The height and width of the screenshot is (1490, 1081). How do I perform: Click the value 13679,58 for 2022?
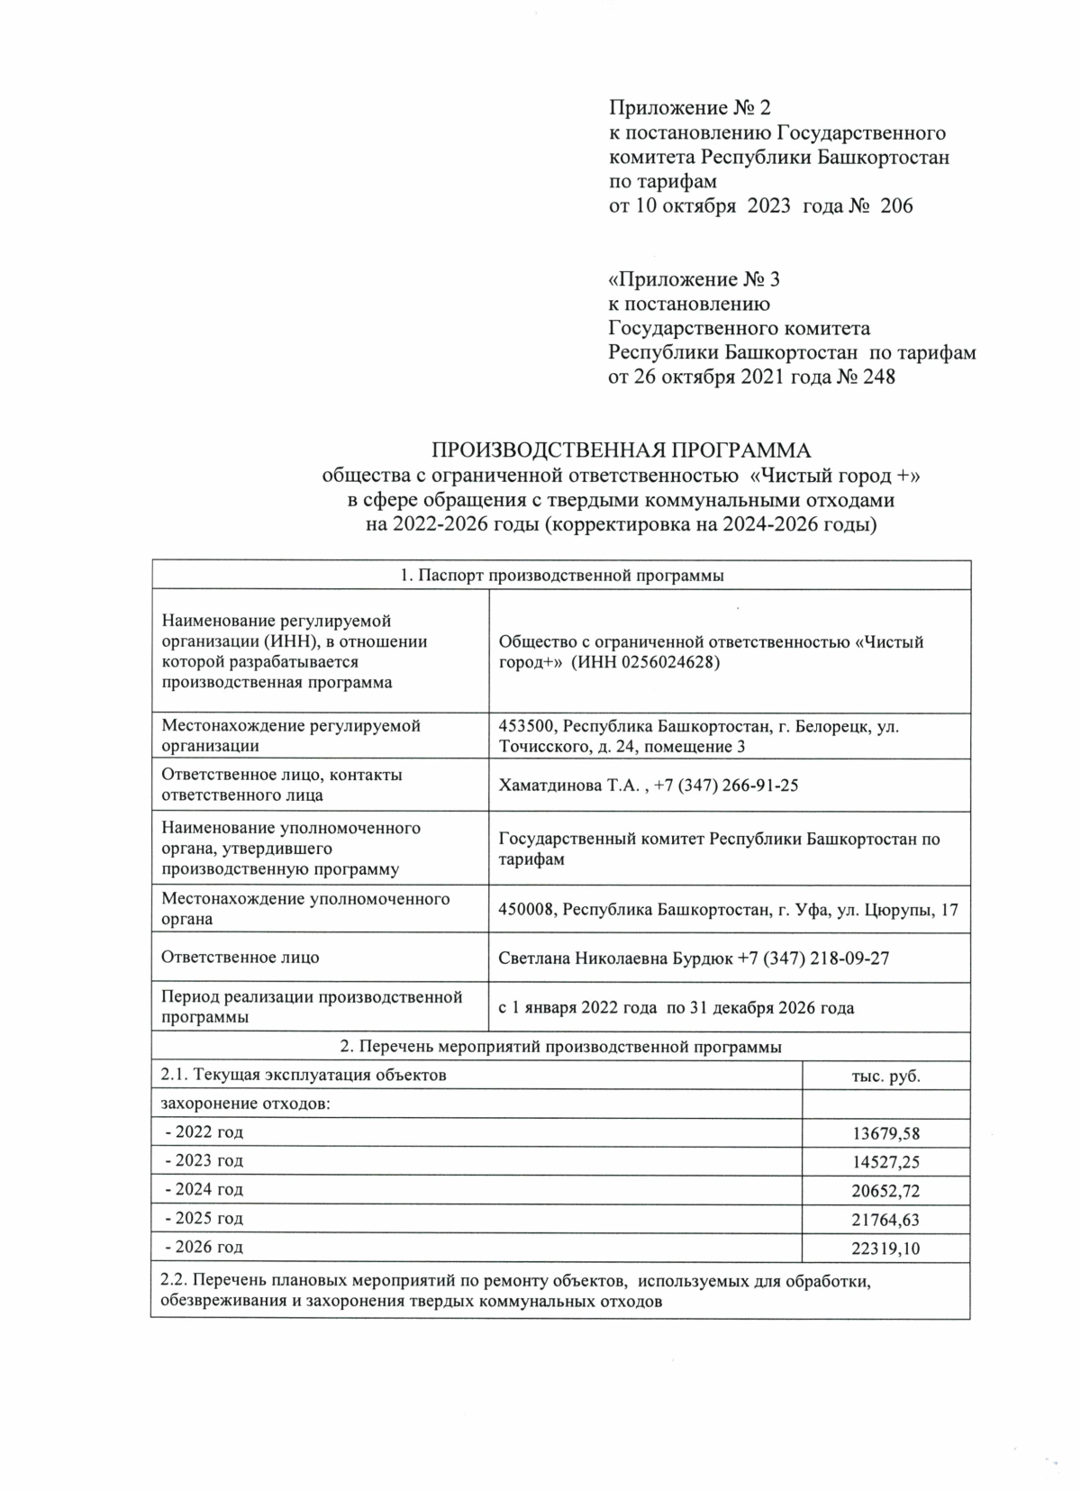pos(886,1133)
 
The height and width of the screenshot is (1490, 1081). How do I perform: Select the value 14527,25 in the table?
pos(886,1162)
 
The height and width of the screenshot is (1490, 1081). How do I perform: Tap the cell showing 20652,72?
pos(886,1191)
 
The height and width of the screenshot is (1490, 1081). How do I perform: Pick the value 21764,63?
pos(886,1220)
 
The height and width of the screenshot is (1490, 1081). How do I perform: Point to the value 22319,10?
pos(886,1249)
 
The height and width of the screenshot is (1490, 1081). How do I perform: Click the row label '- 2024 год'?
pos(204,1189)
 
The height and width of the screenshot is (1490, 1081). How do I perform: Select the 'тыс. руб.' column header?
pos(886,1076)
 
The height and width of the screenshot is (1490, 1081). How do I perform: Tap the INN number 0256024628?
pos(671,662)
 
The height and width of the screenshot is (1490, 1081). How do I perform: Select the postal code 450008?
pos(525,910)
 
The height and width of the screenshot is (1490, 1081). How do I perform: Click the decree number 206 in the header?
pos(895,206)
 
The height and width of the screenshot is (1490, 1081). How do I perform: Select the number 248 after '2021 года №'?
pos(878,377)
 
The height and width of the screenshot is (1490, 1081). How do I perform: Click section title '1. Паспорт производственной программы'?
pos(560,576)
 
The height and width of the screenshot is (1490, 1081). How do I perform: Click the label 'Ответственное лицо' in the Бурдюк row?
pos(240,958)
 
